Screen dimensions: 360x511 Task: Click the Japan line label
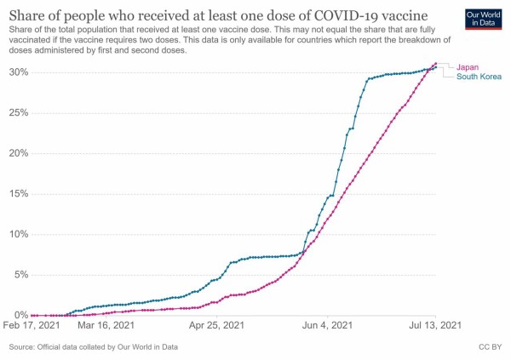tap(470, 67)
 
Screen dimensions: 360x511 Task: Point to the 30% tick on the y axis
tap(17, 72)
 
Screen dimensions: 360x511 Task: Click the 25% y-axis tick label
tap(17, 112)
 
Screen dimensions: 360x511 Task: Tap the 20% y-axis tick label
tap(17, 153)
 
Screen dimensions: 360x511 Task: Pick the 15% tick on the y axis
tap(17, 193)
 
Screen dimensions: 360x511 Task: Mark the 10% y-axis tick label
tap(17, 234)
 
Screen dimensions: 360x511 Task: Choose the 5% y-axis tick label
tap(20, 274)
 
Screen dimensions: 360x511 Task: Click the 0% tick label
tap(20, 315)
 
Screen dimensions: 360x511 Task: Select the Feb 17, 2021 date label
tap(32, 325)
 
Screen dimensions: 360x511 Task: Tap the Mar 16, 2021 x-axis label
tap(106, 325)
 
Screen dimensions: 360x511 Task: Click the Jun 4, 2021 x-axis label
tap(327, 325)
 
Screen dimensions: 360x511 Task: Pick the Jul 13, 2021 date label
tap(435, 325)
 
